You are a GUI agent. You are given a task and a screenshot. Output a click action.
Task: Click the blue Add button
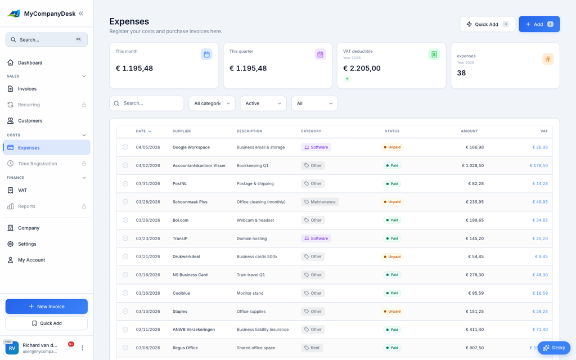click(x=539, y=24)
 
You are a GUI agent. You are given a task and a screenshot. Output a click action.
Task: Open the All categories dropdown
click(x=211, y=103)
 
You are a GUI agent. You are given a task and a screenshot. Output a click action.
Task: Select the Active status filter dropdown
click(x=263, y=103)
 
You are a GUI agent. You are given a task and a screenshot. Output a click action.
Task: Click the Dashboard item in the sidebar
click(x=30, y=62)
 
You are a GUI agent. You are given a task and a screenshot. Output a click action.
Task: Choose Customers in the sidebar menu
click(x=30, y=120)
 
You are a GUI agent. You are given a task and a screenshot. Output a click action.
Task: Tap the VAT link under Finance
click(x=22, y=190)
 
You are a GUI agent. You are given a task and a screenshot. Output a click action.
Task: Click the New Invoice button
click(x=47, y=307)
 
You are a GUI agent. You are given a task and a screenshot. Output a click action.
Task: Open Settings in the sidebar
click(x=27, y=244)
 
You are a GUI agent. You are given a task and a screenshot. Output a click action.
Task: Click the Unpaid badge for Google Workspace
click(x=392, y=147)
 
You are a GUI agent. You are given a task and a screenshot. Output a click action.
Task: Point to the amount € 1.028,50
click(x=472, y=165)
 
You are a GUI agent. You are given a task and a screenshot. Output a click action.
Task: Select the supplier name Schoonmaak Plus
click(x=190, y=202)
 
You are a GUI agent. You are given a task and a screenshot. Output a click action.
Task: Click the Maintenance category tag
click(x=319, y=202)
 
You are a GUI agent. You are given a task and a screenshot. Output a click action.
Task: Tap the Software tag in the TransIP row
click(x=316, y=238)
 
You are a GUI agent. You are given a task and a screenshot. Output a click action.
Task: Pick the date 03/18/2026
click(x=148, y=275)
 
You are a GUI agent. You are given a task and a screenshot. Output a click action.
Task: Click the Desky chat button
click(x=553, y=348)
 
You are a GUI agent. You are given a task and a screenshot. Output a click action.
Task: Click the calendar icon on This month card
click(x=206, y=55)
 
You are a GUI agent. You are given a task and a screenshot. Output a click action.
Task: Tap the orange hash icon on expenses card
click(x=547, y=59)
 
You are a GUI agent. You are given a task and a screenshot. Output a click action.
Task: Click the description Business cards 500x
click(x=256, y=256)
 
